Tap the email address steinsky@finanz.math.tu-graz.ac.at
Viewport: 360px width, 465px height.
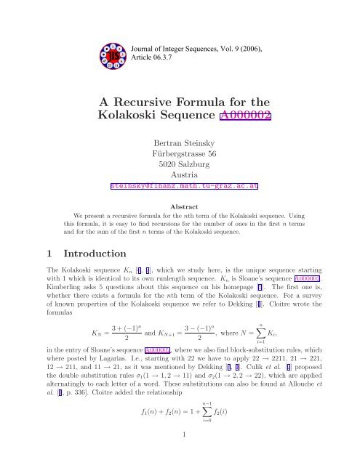pos(180,185)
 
